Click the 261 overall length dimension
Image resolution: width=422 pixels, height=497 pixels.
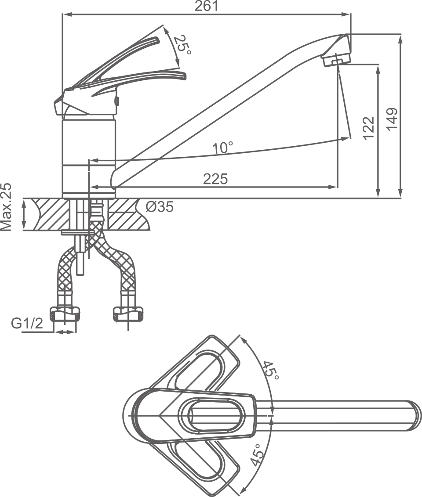coord(207,6)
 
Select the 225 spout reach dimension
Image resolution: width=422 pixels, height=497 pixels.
coord(215,179)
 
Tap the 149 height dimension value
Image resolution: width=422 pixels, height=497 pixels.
coord(392,118)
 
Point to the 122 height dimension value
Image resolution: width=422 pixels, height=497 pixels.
coord(369,128)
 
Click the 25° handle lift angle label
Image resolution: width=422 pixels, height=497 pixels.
coord(182,45)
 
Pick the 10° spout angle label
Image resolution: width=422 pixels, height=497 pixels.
coord(222,148)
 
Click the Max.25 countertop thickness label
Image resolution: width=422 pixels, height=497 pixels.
coord(7,207)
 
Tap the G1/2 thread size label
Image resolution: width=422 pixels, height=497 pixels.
coord(27,324)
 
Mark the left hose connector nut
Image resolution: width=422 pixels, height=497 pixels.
coord(65,313)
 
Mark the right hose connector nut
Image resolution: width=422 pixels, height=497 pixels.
coord(127,313)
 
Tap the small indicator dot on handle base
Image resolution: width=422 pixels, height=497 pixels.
coord(117,101)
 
